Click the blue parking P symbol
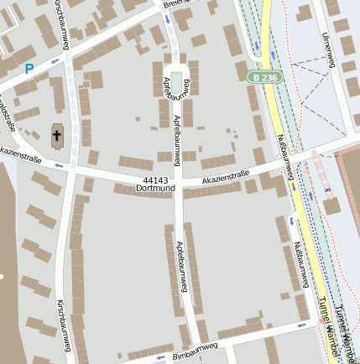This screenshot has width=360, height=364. (x=30, y=69)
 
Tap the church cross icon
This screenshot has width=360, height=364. (x=58, y=135)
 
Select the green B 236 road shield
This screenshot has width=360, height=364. (x=265, y=77)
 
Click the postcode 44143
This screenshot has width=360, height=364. (x=156, y=180)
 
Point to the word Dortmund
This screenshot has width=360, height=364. (x=156, y=190)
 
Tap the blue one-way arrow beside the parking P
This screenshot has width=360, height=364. (x=55, y=61)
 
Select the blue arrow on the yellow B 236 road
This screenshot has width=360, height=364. (x=272, y=55)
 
